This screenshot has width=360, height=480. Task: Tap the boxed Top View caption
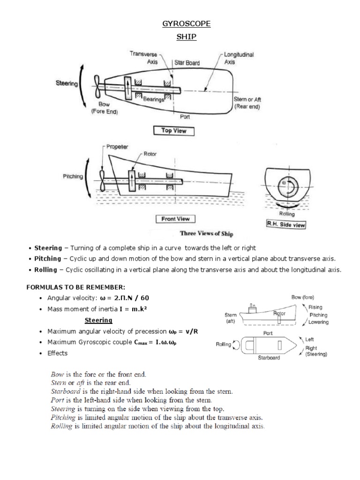coord(173,131)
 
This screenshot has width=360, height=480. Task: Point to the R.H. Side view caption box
coord(285,225)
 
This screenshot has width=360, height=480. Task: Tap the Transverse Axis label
coord(143,58)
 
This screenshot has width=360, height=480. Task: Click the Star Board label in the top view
coord(187,62)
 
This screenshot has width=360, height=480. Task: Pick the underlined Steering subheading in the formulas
coord(98,320)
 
